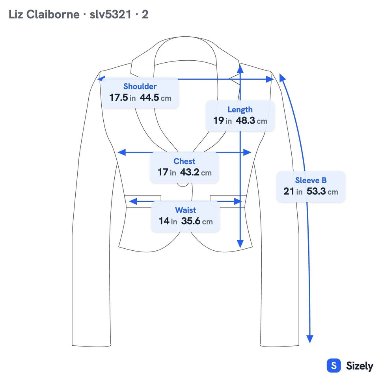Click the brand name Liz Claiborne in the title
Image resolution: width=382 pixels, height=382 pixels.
pyautogui.click(x=44, y=14)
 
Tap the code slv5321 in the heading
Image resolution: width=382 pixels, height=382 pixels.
pyautogui.click(x=111, y=14)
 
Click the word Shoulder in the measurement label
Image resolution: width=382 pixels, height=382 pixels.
pyautogui.click(x=140, y=86)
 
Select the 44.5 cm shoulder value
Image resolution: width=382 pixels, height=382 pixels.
pyautogui.click(x=155, y=98)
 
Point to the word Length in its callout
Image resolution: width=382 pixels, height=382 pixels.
pyautogui.click(x=240, y=110)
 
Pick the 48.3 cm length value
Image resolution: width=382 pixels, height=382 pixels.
pyautogui.click(x=252, y=121)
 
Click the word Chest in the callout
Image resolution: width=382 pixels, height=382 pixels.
pyautogui.click(x=184, y=161)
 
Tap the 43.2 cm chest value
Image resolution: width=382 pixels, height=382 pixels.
pyautogui.click(x=196, y=172)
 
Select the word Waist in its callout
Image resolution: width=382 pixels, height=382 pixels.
pyautogui.click(x=185, y=210)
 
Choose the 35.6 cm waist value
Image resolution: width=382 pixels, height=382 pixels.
pyautogui.click(x=197, y=221)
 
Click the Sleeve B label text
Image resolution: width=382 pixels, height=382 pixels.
pyautogui.click(x=311, y=180)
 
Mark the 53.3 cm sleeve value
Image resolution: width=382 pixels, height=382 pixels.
pyautogui.click(x=322, y=191)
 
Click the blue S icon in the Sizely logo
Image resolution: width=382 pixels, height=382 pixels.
pyautogui.click(x=334, y=365)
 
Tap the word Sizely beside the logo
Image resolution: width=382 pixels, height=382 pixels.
pyautogui.click(x=360, y=366)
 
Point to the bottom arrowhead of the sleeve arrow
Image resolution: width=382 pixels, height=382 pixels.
pyautogui.click(x=309, y=339)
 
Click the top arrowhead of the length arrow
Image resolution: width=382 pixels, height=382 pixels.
pyautogui.click(x=240, y=69)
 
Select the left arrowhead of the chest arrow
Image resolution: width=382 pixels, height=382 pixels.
pyautogui.click(x=121, y=153)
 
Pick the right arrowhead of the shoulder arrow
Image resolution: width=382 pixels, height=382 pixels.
pyautogui.click(x=270, y=79)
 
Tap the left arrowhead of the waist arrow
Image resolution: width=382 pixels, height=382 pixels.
pyautogui.click(x=133, y=201)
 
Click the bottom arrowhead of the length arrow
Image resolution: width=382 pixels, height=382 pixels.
pyautogui.click(x=240, y=244)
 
